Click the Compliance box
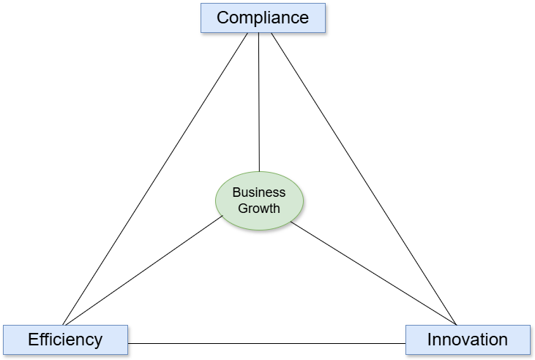[x=263, y=18]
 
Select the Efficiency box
[x=65, y=340]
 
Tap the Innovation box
[x=468, y=340]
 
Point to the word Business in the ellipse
[x=259, y=192]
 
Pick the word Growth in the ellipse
[x=259, y=208]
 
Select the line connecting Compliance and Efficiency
[x=156, y=179]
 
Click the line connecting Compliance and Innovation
[x=364, y=179]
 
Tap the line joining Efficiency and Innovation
[x=266, y=343]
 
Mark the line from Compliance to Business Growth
[x=259, y=102]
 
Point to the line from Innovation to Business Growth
[x=373, y=272]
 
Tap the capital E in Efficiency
[x=33, y=340]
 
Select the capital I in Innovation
[x=430, y=340]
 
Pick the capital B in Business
[x=236, y=192]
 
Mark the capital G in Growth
[x=243, y=208]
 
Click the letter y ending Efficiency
[x=98, y=341]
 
